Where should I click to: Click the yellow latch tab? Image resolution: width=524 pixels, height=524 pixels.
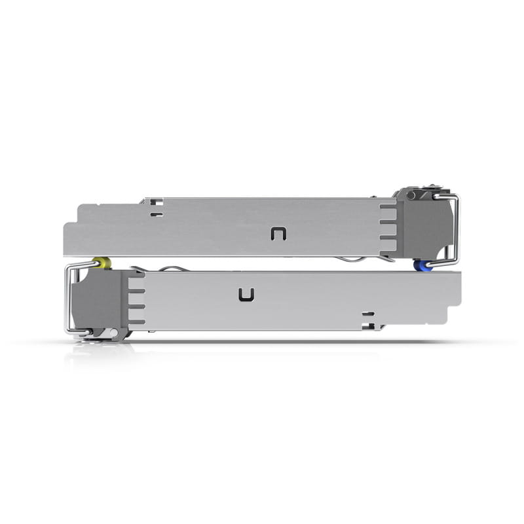pos(103,263)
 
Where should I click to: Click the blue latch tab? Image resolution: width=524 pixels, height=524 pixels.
pos(421,266)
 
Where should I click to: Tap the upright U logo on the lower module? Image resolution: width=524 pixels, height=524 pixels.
pos(246,295)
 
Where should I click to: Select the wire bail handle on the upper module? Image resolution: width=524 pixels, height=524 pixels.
pos(455,229)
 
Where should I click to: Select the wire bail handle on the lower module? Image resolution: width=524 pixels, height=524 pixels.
pos(69,298)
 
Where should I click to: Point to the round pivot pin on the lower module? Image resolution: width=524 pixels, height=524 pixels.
pos(114,333)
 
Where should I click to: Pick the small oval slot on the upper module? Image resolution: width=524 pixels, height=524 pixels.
pos(155,214)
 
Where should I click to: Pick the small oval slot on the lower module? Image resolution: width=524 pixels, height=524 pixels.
pos(368,314)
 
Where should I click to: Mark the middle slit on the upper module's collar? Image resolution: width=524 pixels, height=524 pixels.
pos(388,227)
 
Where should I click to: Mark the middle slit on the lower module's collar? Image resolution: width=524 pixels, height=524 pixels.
pos(136,301)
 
